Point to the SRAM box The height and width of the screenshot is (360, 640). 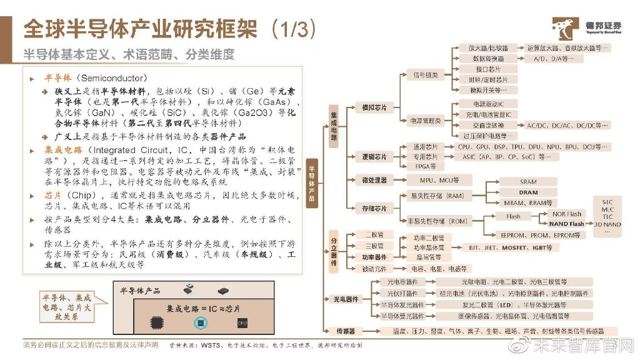coord(527,182)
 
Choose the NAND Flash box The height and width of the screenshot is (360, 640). coord(567,224)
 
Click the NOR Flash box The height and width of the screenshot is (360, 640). coord(567,214)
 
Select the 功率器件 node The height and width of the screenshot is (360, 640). coord(374,257)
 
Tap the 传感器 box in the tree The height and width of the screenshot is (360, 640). coord(345,331)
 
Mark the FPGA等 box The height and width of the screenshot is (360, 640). coord(426,166)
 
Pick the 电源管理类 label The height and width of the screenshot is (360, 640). coord(425,120)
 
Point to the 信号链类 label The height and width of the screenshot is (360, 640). coord(425,76)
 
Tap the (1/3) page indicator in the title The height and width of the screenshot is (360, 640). coord(293,29)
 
